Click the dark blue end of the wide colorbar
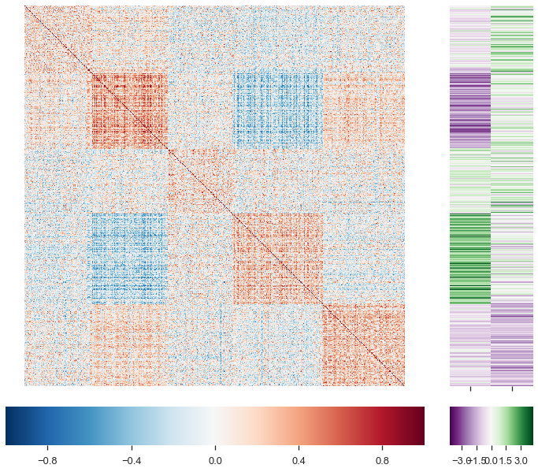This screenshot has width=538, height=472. point(9,426)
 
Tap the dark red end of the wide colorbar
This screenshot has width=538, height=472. point(421,426)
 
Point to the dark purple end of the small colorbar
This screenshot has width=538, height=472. point(453,426)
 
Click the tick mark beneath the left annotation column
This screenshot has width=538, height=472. point(470,388)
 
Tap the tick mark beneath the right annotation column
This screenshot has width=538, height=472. point(512,388)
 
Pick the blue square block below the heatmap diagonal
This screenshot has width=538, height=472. point(129,258)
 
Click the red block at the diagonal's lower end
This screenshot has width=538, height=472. point(363,345)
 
